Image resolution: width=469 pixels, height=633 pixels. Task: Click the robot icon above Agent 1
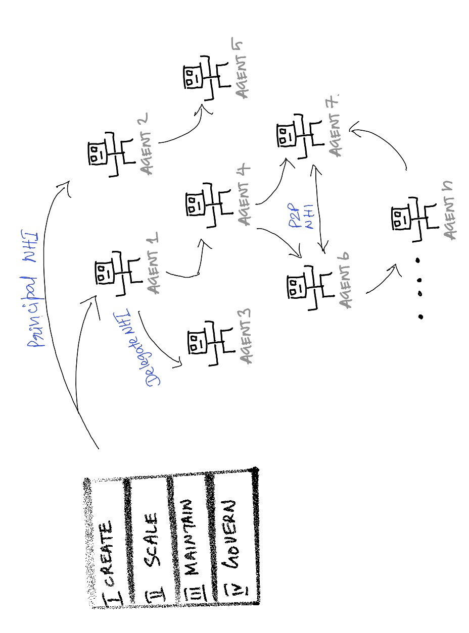point(114,273)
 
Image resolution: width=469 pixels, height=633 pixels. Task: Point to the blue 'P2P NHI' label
point(303,218)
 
